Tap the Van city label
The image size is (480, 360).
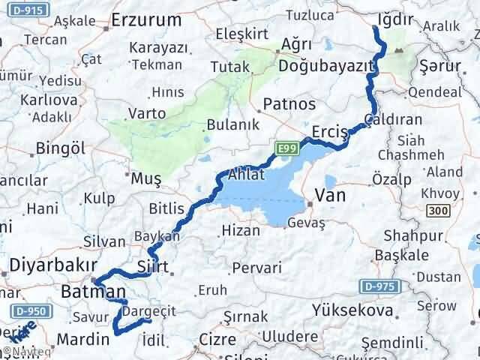click(x=331, y=195)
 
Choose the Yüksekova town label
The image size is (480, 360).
click(x=353, y=310)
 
